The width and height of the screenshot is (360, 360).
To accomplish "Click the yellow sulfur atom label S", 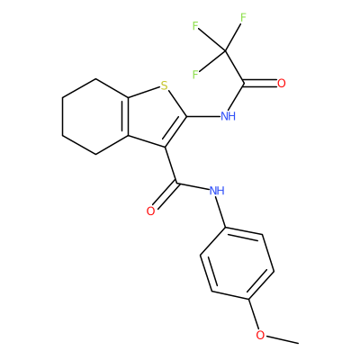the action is [164, 85].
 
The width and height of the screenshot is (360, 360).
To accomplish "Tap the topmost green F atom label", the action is [243, 18].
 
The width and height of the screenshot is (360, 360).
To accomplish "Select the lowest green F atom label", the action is [195, 75].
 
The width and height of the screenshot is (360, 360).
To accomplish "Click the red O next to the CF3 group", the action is [281, 84].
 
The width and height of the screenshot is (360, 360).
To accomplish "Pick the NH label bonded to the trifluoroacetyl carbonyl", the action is [228, 116].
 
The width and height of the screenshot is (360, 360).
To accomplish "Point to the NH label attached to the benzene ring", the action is [217, 190].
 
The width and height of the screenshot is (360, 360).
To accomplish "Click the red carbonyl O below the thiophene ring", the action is [150, 211].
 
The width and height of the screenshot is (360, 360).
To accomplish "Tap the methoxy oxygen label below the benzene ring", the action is [260, 335].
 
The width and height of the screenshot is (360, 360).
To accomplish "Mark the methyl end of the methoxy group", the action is [298, 343].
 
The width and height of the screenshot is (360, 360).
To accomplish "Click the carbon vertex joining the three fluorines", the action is [225, 50].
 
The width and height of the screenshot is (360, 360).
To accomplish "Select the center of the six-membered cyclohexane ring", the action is [95, 117].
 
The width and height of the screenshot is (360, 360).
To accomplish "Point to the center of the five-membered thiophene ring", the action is [156, 117].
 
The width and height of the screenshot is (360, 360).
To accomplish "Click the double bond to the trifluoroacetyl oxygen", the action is [260, 84].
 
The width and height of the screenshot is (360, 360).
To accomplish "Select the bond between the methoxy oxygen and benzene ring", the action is [254, 314].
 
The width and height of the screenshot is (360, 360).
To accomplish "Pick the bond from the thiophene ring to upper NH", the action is [203, 116].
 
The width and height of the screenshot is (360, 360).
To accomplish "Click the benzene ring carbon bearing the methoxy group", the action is [248, 299].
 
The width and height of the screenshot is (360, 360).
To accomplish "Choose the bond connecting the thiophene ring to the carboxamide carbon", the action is [171, 165].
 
